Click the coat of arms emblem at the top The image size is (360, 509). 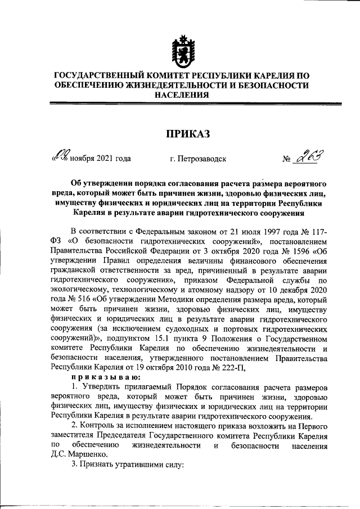179,50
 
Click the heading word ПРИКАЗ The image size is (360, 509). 179,134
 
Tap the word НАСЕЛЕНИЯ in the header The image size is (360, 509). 179,96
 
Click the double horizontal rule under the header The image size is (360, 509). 179,103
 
